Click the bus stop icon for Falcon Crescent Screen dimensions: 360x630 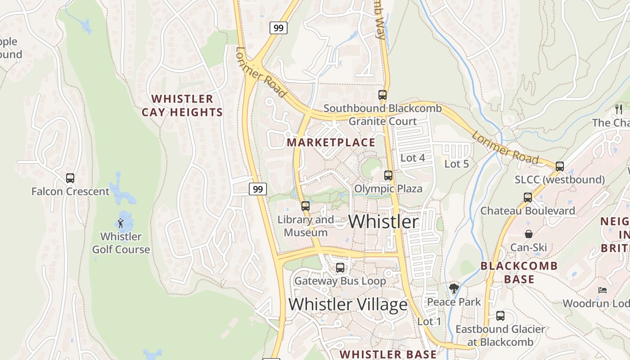tap(70, 178)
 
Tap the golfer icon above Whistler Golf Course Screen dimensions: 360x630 tap(121, 223)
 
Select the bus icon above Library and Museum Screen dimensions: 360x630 tap(306, 206)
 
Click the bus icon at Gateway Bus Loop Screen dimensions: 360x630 tap(340, 268)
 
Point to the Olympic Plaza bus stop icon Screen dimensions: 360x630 tap(388, 175)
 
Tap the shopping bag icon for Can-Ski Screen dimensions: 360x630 tap(528, 234)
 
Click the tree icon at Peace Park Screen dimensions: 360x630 tap(454, 288)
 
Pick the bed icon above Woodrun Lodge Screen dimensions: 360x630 tap(603, 290)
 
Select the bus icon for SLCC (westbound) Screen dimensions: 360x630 tap(560, 166)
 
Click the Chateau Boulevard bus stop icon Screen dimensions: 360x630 tap(528, 197)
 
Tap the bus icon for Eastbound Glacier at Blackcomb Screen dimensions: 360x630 tap(500, 316)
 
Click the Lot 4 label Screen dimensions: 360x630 tap(413, 158)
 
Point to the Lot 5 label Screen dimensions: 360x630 tap(456, 164)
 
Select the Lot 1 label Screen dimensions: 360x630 tap(429, 322)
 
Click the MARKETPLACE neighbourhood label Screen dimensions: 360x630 tap(331, 143)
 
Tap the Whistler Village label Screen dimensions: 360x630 tap(348, 305)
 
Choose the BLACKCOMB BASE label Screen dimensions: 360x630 tap(519, 272)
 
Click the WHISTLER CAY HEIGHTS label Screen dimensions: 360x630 tap(182, 105)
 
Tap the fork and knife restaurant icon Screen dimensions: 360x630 tap(619, 109)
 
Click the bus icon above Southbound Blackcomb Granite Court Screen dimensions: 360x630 tap(382, 95)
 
